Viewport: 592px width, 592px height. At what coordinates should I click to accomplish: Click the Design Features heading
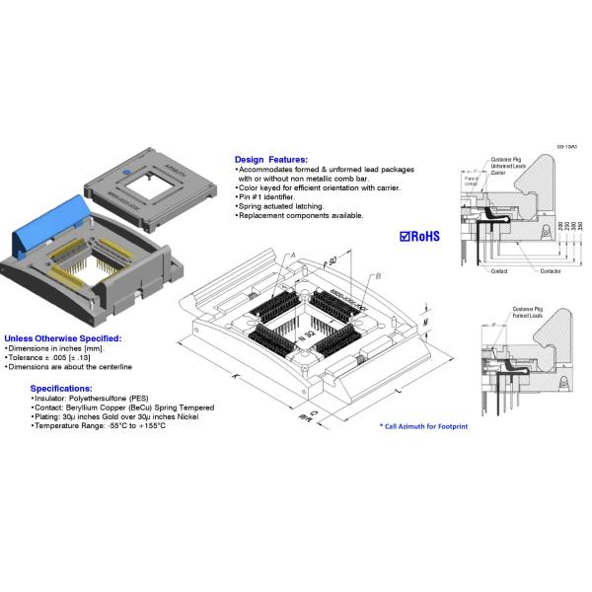click(x=270, y=159)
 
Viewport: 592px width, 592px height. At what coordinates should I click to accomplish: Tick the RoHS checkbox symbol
click(x=406, y=236)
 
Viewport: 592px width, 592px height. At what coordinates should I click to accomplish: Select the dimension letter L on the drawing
click(x=398, y=393)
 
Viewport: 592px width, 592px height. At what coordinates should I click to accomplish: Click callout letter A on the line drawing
click(x=293, y=257)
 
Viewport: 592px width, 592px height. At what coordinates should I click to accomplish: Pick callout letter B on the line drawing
click(x=378, y=277)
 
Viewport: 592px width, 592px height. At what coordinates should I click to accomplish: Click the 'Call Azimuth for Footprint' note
click(x=423, y=426)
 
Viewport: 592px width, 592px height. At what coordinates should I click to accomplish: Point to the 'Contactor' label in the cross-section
click(x=552, y=269)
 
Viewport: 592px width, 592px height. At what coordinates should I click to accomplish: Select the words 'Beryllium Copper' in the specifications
click(x=104, y=407)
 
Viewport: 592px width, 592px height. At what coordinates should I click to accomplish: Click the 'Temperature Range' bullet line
click(x=99, y=426)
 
